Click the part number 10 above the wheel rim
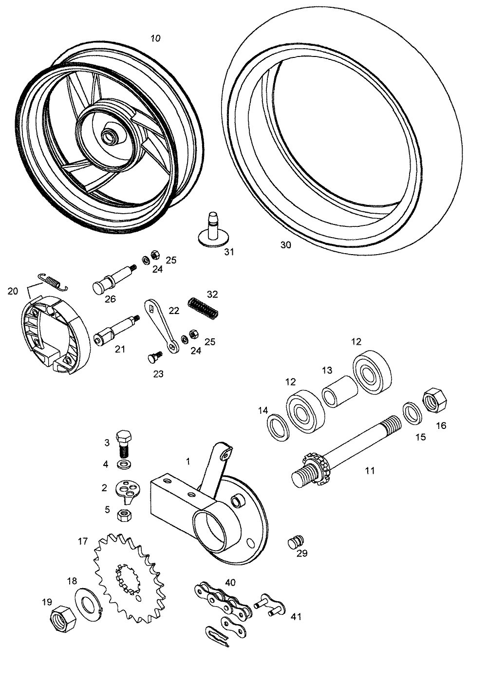tap(156, 38)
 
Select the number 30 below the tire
tap(285, 245)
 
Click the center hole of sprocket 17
tap(128, 575)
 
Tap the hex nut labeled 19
tap(62, 618)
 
